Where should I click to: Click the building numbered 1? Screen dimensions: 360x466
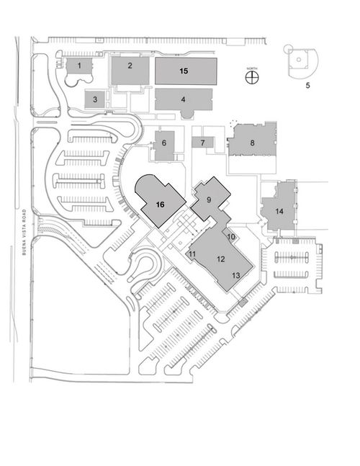click(x=78, y=66)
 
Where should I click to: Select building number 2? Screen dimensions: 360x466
click(x=130, y=71)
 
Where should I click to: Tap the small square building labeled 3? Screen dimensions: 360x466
click(x=95, y=99)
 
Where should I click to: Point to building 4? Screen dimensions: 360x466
click(x=184, y=100)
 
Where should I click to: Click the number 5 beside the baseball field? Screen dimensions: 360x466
click(x=307, y=86)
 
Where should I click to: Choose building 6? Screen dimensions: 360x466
click(x=164, y=145)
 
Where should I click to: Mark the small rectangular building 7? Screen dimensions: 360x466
click(x=202, y=143)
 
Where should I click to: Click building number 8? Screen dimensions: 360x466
click(x=253, y=140)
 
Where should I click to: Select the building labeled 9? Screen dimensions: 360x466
click(x=210, y=199)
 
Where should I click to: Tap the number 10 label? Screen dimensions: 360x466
click(x=231, y=237)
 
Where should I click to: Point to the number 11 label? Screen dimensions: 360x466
click(x=192, y=254)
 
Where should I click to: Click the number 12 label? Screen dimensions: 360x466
click(x=221, y=259)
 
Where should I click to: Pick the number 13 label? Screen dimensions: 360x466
click(x=236, y=276)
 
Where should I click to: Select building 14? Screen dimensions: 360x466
click(x=279, y=208)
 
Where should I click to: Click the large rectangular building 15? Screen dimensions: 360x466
click(x=186, y=71)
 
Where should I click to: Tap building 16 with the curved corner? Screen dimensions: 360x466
click(x=161, y=201)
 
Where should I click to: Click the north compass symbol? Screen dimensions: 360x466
click(x=252, y=78)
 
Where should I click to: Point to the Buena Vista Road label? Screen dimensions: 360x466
click(x=24, y=232)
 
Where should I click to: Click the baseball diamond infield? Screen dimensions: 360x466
click(x=299, y=59)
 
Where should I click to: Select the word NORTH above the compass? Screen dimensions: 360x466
click(x=252, y=68)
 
